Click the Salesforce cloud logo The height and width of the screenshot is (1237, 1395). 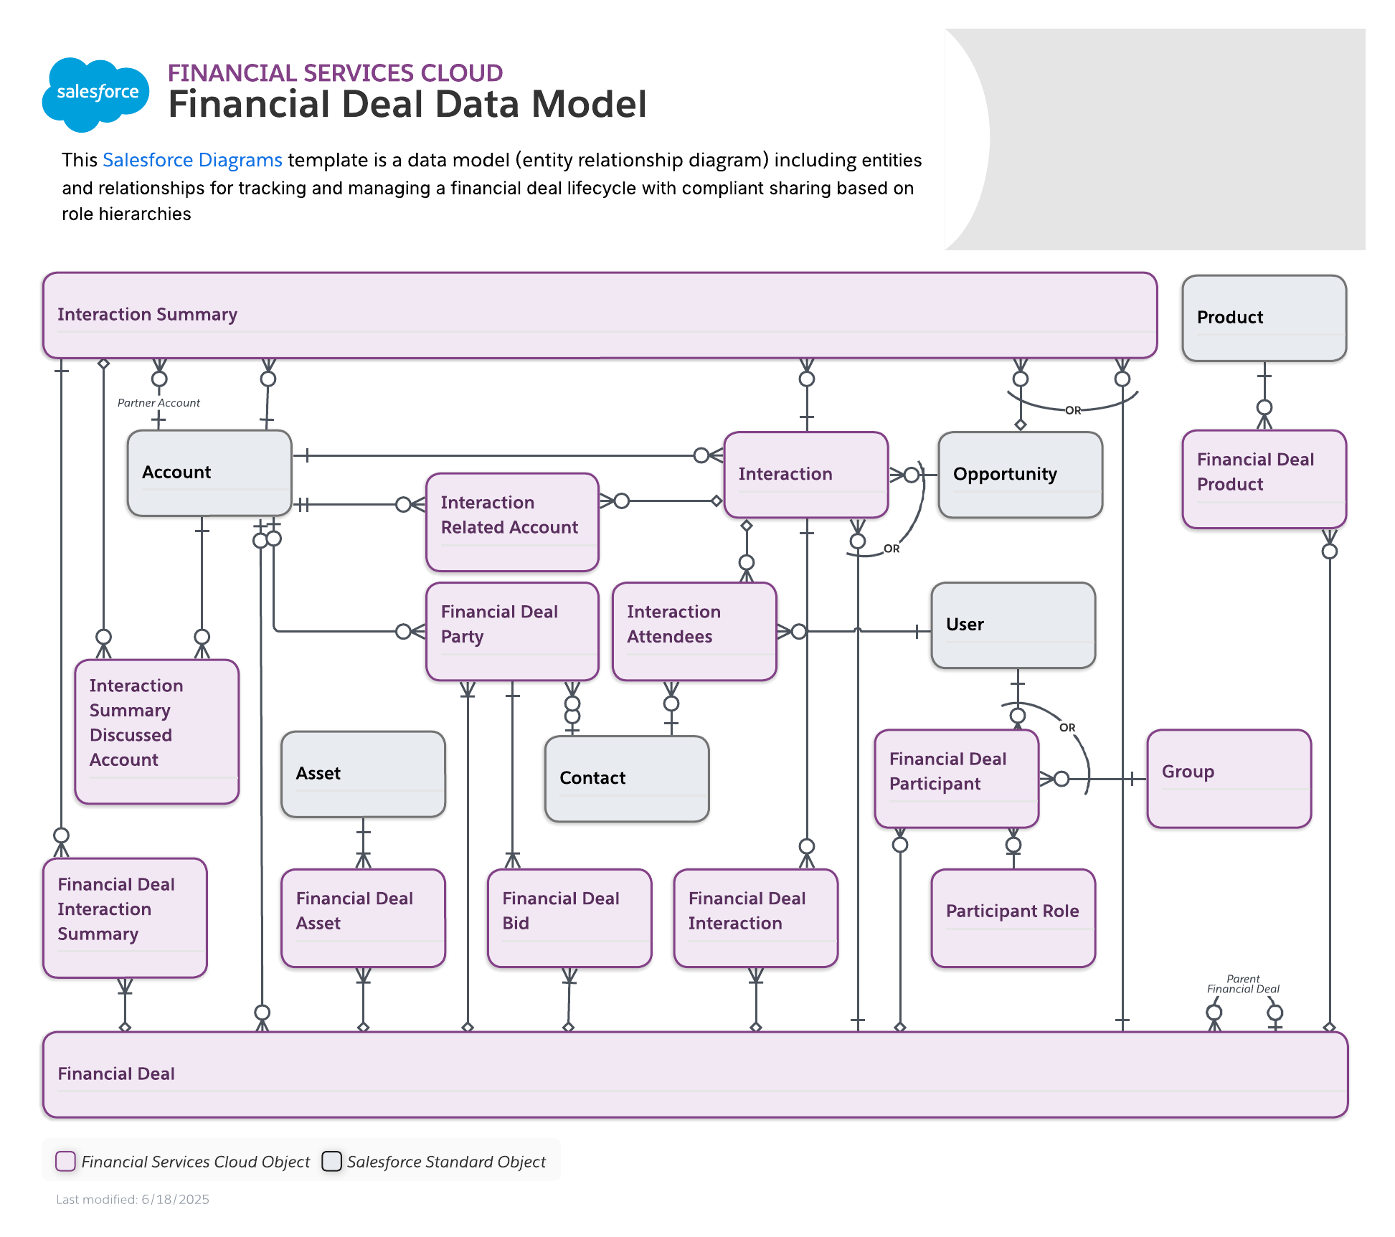click(x=96, y=94)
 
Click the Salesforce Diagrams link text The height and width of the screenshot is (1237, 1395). click(x=192, y=160)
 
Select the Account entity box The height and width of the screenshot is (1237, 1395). click(x=209, y=473)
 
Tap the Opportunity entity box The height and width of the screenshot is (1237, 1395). click(x=1020, y=474)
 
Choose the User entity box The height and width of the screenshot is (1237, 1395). click(x=1013, y=625)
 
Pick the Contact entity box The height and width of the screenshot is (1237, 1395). click(x=626, y=778)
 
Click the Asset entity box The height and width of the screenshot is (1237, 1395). click(x=363, y=774)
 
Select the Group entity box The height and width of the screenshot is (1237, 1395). click(x=1229, y=778)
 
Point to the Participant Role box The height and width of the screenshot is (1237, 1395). click(x=1013, y=917)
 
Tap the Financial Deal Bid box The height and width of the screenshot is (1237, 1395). click(x=569, y=917)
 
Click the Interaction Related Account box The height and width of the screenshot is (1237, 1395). click(x=511, y=521)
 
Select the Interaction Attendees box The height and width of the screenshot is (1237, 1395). click(x=694, y=630)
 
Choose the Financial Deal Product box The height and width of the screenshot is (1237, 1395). click(x=1264, y=478)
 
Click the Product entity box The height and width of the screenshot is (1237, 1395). click(x=1264, y=318)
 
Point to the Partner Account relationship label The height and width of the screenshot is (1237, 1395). click(x=159, y=403)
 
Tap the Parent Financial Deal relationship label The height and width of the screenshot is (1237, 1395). click(x=1243, y=984)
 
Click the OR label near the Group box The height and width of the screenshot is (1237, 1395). click(x=1067, y=727)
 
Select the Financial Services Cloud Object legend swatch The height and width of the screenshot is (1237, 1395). click(x=66, y=1161)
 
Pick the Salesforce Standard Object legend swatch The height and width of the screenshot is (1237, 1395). click(x=331, y=1161)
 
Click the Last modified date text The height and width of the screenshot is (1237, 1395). click(x=133, y=1200)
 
